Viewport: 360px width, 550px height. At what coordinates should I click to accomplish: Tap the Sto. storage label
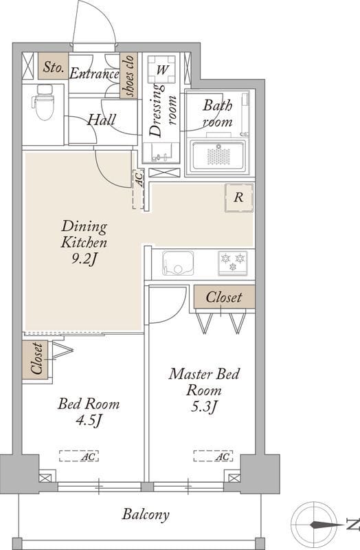pyautogui.click(x=53, y=66)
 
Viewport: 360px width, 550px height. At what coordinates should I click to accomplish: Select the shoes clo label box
pyautogui.click(x=128, y=76)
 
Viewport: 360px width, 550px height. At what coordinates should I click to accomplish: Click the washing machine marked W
pyautogui.click(x=161, y=69)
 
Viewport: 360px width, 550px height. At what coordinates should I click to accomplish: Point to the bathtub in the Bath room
pyautogui.click(x=218, y=156)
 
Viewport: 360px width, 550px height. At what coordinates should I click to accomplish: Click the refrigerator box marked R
pyautogui.click(x=238, y=197)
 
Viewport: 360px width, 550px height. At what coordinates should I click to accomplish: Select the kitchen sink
pyautogui.click(x=178, y=263)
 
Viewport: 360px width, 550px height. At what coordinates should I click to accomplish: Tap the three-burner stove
pyautogui.click(x=233, y=263)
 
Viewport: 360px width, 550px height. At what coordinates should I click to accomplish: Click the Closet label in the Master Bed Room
pyautogui.click(x=224, y=297)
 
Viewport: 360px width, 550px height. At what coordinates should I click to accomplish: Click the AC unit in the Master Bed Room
pyautogui.click(x=214, y=456)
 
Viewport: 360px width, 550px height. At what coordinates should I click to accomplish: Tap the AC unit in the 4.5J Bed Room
pyautogui.click(x=79, y=456)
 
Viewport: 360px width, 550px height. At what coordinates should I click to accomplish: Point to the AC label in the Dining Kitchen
pyautogui.click(x=139, y=179)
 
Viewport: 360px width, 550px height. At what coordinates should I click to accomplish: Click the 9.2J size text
pyautogui.click(x=84, y=259)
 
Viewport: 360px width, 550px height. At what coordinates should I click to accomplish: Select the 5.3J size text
pyautogui.click(x=203, y=407)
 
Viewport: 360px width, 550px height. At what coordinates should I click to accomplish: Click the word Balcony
pyautogui.click(x=146, y=514)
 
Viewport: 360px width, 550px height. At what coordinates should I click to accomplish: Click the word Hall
pyautogui.click(x=101, y=120)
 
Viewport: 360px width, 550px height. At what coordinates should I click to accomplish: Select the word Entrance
pyautogui.click(x=94, y=74)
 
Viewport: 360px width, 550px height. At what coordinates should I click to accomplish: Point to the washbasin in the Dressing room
pyautogui.click(x=161, y=152)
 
